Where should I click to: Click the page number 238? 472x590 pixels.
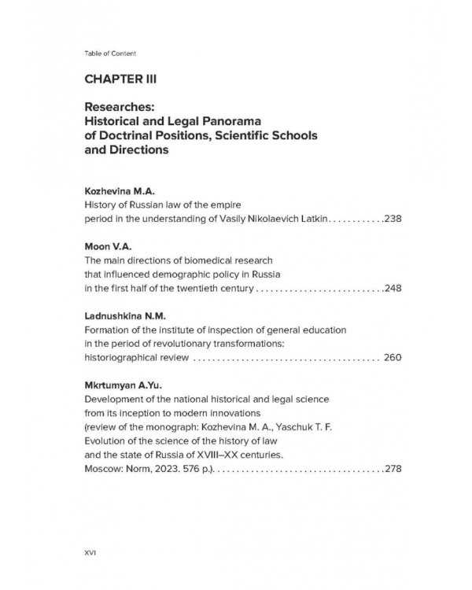(x=393, y=218)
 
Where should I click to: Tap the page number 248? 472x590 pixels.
(x=393, y=288)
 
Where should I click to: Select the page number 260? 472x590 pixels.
(x=393, y=357)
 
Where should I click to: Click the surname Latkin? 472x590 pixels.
(x=309, y=218)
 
